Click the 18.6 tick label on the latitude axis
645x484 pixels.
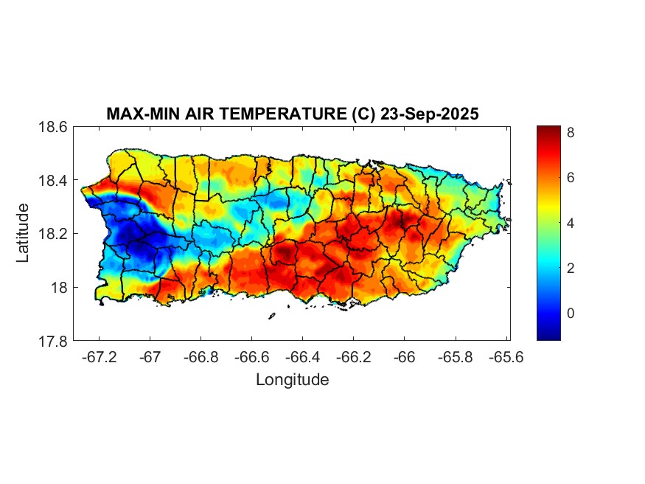coord(53,128)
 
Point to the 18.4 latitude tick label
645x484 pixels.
coord(53,181)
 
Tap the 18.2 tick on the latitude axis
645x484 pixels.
coord(53,234)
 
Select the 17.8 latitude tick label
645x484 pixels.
coord(53,341)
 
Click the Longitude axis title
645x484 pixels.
coord(292,380)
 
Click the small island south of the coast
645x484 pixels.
coord(271,316)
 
